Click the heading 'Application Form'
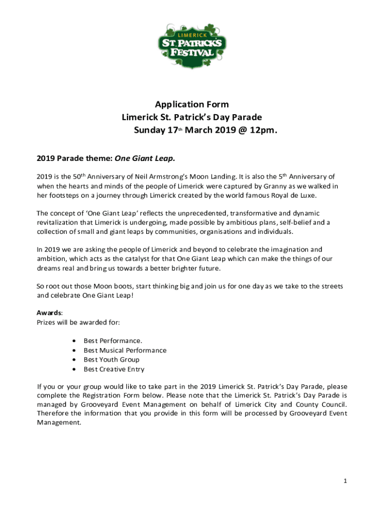coord(191,105)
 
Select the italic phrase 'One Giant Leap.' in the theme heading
coord(145,159)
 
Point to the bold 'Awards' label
coord(49,313)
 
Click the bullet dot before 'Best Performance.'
coord(74,341)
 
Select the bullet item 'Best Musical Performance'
coord(125,351)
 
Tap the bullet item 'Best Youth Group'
coord(111,360)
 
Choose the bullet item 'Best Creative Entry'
coord(114,369)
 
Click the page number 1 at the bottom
coord(345,481)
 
